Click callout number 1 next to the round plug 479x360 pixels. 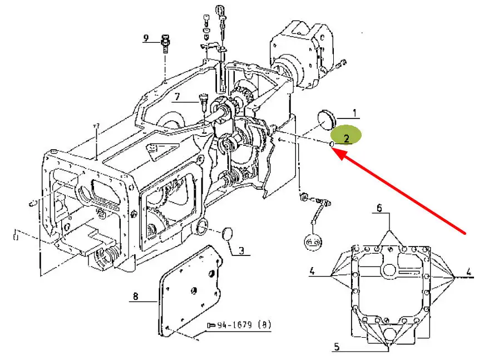[354, 114]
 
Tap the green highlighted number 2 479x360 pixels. [347, 139]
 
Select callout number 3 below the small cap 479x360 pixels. [241, 251]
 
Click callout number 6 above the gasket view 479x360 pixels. [379, 208]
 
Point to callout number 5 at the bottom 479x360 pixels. [337, 347]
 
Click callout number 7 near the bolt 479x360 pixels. [177, 97]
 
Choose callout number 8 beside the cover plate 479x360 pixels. [135, 296]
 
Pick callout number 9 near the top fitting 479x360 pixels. [146, 38]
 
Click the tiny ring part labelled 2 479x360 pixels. [331, 144]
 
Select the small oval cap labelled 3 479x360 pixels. [227, 234]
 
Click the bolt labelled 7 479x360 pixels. [203, 103]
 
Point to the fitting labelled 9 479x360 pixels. [165, 44]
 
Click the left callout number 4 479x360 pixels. [312, 271]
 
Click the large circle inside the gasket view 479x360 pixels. [389, 270]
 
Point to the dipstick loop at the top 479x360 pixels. [220, 11]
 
